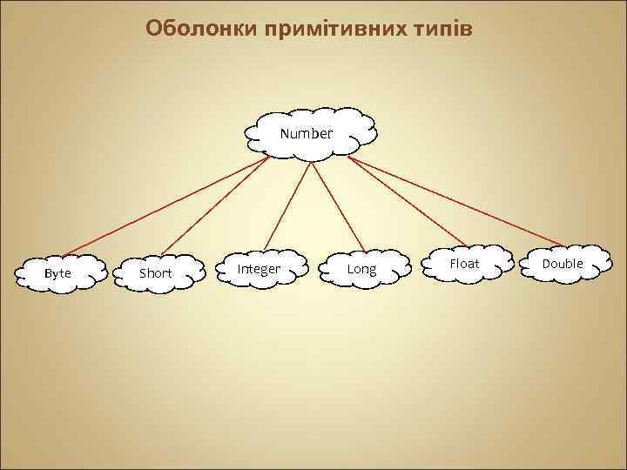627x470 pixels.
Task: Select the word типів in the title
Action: [x=443, y=29]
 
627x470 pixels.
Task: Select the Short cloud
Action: [x=156, y=272]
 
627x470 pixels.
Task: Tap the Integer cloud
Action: [x=260, y=269]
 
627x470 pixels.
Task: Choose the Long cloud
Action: [x=361, y=269]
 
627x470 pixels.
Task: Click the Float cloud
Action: [x=464, y=263]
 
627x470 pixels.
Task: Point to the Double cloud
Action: [x=563, y=264]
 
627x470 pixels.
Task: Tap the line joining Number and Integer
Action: [x=285, y=205]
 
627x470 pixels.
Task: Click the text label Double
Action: [x=563, y=264]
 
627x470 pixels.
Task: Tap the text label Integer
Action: [x=259, y=269]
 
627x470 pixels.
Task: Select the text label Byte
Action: [x=57, y=273]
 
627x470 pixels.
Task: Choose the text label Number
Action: [x=306, y=133]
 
